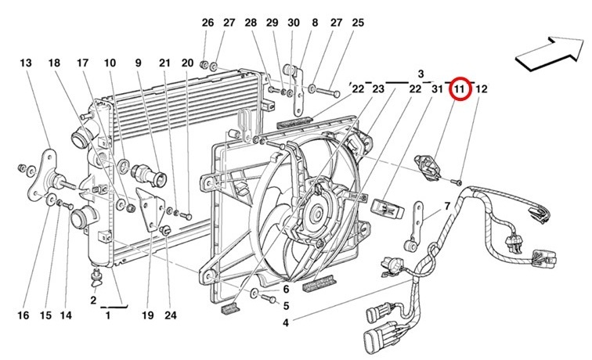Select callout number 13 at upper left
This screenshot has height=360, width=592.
26,63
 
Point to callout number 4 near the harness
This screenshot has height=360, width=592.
285,322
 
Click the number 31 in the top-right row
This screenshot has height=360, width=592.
437,89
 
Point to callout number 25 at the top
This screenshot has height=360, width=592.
358,23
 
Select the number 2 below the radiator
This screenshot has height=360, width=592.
93,301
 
